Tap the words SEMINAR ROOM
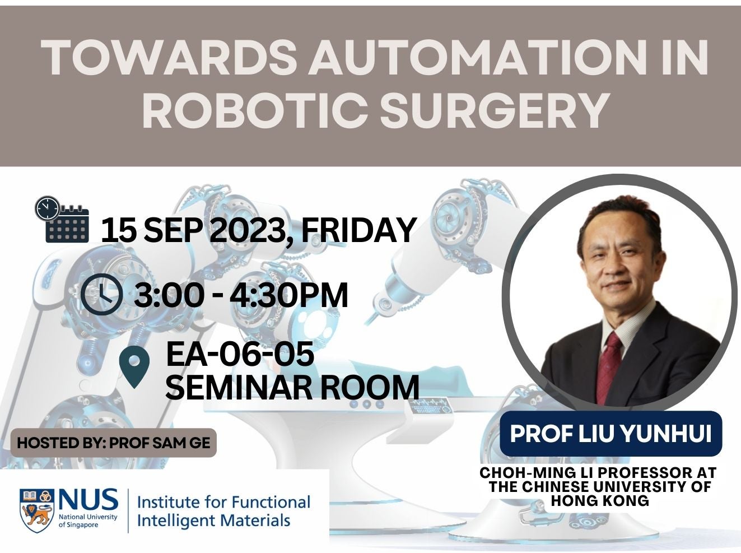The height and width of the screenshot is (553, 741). [292, 387]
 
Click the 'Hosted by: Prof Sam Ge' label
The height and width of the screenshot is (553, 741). [114, 442]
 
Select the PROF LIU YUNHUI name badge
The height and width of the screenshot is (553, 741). [610, 434]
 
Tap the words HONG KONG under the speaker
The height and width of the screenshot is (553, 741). [600, 501]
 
